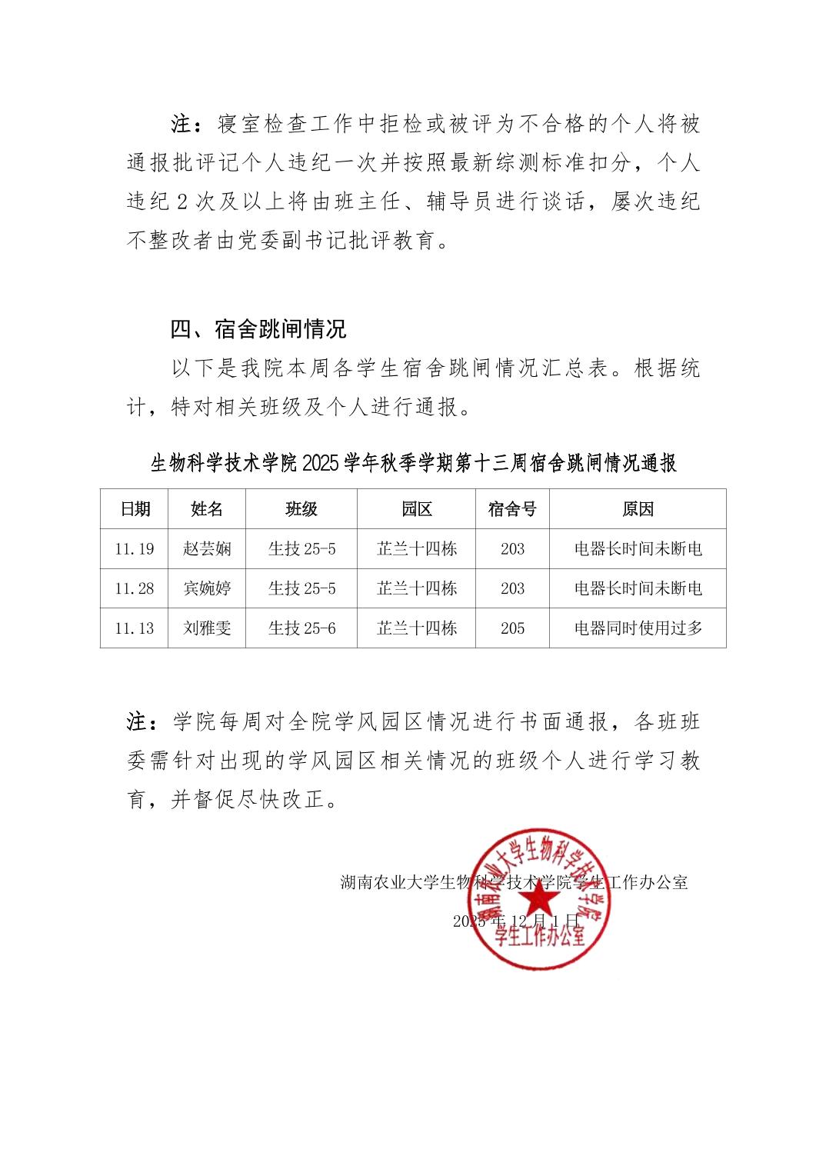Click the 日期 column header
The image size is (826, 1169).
[135, 509]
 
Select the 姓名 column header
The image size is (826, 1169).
[207, 509]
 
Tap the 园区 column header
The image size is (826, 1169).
[417, 509]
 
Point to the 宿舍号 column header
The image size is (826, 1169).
[512, 509]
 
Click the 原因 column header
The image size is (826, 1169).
[638, 509]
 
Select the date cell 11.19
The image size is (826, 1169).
[135, 549]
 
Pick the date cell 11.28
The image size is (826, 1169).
[135, 589]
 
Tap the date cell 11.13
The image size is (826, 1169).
[135, 628]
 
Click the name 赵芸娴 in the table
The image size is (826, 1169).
[207, 549]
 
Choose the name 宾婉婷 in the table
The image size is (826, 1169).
[207, 589]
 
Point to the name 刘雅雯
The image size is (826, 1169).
[207, 628]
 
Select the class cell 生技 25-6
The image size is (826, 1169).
[301, 628]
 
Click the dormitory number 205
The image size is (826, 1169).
[512, 628]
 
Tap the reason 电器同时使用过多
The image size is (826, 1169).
[638, 628]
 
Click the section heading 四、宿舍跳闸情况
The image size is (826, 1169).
[258, 330]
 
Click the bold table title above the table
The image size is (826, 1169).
[413, 464]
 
